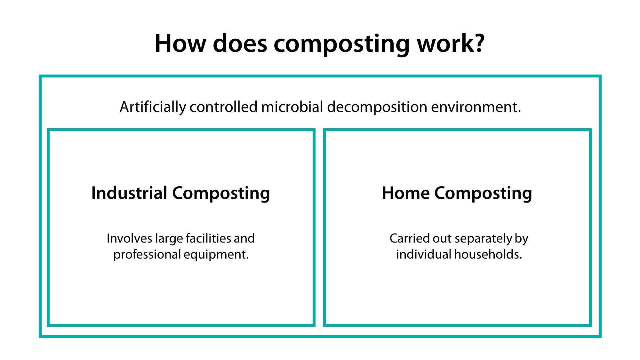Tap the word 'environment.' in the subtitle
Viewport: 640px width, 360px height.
click(x=476, y=107)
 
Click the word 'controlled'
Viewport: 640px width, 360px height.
click(x=223, y=107)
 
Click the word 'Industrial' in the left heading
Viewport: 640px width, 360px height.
click(x=129, y=193)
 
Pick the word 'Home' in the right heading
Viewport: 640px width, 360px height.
click(x=405, y=193)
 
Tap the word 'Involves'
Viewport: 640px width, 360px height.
click(x=129, y=238)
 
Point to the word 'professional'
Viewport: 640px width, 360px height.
click(x=147, y=255)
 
